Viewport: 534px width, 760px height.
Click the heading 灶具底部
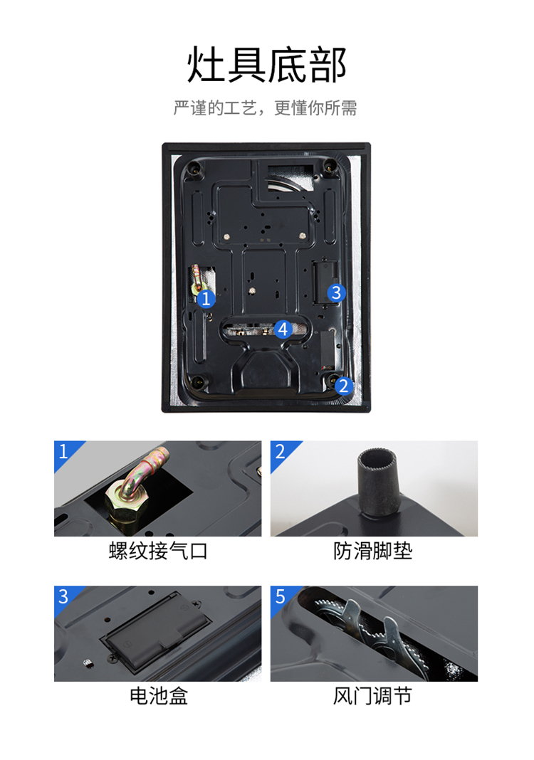[x=266, y=65]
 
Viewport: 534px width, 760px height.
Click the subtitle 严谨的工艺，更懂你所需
[x=266, y=107]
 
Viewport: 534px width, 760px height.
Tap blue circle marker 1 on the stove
[x=206, y=299]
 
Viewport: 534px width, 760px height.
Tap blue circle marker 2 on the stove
[x=343, y=386]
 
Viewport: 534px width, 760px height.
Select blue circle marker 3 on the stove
[x=336, y=292]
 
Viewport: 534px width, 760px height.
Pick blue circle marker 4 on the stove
[x=283, y=329]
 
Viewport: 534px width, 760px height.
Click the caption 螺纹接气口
[x=158, y=551]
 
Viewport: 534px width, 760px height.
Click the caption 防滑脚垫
[x=372, y=551]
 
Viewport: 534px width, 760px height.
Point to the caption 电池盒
[x=158, y=696]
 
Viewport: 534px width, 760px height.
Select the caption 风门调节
[x=372, y=696]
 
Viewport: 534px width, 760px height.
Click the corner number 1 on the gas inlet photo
[x=63, y=451]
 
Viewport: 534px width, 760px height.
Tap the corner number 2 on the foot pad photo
[x=280, y=451]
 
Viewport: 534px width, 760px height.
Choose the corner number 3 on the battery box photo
[x=63, y=596]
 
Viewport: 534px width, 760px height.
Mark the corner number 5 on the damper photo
[x=280, y=596]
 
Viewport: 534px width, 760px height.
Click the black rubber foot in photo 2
[x=379, y=482]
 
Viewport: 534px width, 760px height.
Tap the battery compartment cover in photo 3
[x=156, y=634]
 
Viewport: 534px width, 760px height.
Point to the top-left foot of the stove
[x=196, y=169]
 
